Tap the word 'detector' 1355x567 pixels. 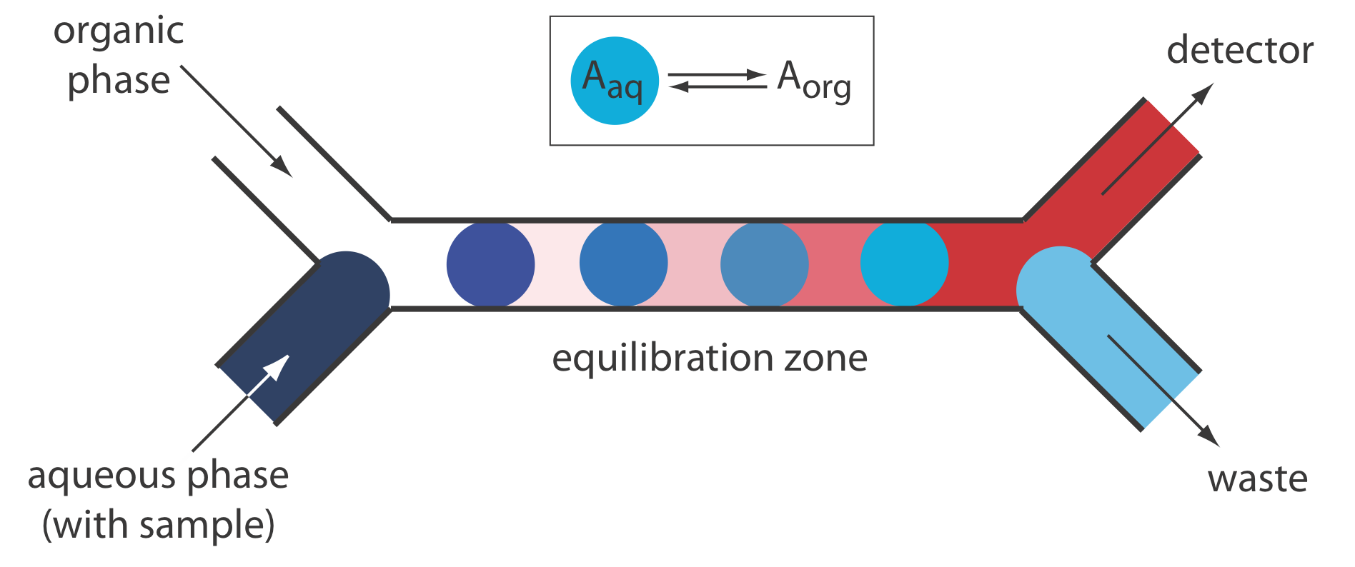point(1239,51)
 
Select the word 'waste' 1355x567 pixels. point(1257,478)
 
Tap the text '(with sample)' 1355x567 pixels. point(159,526)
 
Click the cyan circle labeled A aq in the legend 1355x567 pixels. point(614,81)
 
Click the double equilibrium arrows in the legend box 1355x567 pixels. point(717,80)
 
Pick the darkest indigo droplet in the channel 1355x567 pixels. point(490,264)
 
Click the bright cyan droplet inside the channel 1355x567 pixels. point(904,264)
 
